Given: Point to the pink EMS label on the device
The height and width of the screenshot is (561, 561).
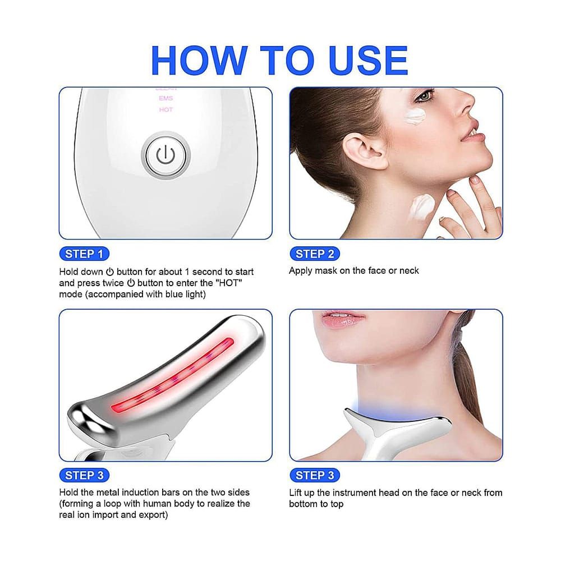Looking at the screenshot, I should (166, 98).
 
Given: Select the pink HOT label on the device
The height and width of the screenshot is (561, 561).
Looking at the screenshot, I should (166, 109).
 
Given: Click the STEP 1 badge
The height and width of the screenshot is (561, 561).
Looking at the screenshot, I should (84, 254).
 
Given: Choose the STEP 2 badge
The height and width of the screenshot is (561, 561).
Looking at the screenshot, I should (315, 254).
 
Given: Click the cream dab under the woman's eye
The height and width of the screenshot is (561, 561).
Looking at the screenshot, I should (416, 117).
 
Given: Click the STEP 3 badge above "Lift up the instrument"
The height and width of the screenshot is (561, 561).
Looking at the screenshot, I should (315, 475).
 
